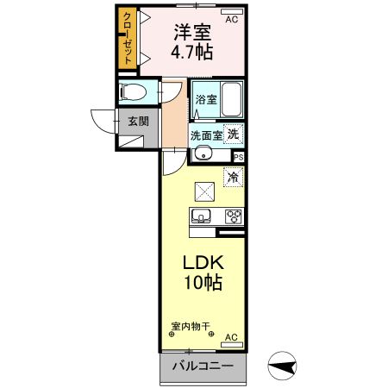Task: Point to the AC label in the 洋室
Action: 231,17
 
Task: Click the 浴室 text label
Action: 206,100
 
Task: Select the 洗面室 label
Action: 207,135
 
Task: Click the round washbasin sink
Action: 202,154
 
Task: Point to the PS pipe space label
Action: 239,156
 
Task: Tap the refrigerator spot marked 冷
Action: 233,176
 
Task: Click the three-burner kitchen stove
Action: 232,216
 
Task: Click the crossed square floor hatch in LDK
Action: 204,191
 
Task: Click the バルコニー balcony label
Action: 203,366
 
